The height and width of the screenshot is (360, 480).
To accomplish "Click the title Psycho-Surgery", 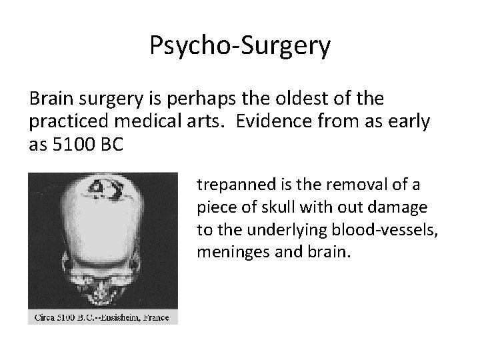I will click(240, 46).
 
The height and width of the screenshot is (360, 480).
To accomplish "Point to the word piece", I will click(213, 207).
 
